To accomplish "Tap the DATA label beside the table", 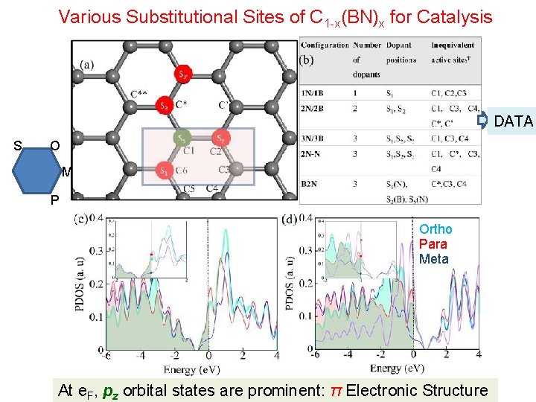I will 514,121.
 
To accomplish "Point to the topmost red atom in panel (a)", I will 183,73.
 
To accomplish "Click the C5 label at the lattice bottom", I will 191,188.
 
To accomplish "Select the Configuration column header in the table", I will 325,45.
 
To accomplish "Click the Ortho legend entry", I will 435,229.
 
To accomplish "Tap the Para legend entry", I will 433,244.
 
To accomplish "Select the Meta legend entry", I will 434,259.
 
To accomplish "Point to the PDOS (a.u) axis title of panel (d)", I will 291,284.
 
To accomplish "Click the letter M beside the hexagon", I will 67,173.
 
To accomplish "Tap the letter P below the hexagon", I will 55,201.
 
